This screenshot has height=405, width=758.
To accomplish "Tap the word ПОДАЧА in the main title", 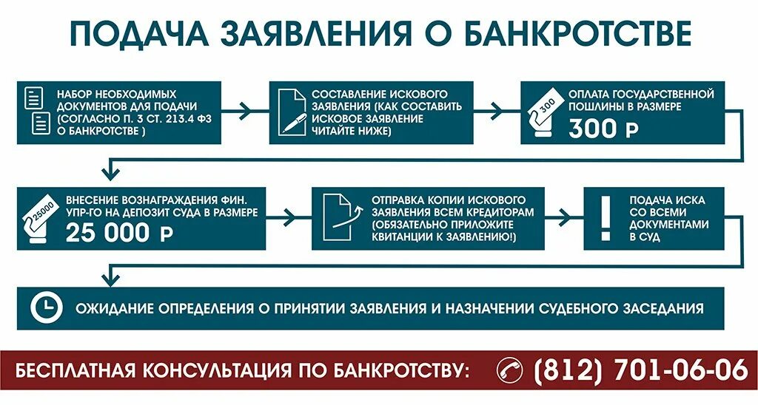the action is point(132,33).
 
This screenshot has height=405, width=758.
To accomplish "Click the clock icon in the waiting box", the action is point(46,307).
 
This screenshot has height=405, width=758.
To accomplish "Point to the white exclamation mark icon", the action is point(606,217).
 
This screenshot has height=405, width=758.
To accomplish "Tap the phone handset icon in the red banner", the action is point(509,369).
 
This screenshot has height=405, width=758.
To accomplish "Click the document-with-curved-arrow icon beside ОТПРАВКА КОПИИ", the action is point(338,217).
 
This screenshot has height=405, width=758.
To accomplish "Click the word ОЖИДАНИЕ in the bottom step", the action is point(110,307).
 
